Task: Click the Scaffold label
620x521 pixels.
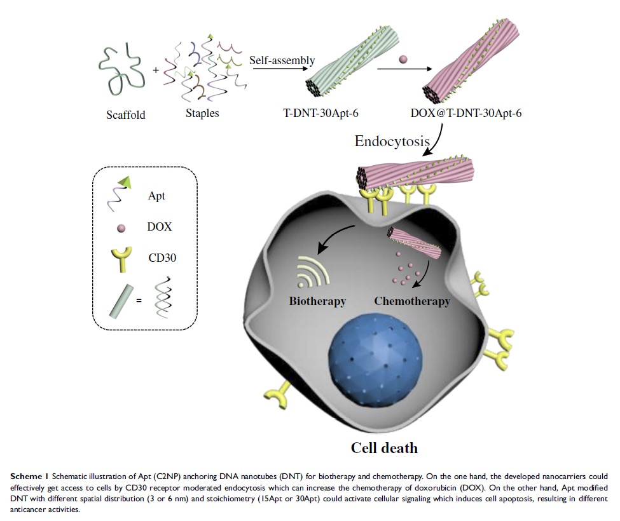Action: pos(126,115)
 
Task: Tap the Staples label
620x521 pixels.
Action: pos(202,114)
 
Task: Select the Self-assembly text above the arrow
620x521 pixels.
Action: pos(282,60)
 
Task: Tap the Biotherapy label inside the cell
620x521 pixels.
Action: pos(317,301)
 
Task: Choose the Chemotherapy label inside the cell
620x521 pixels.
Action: pos(412,301)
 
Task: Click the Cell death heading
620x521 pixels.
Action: pos(385,447)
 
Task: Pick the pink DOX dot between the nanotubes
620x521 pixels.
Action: pos(403,59)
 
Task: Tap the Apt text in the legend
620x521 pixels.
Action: pos(156,196)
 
